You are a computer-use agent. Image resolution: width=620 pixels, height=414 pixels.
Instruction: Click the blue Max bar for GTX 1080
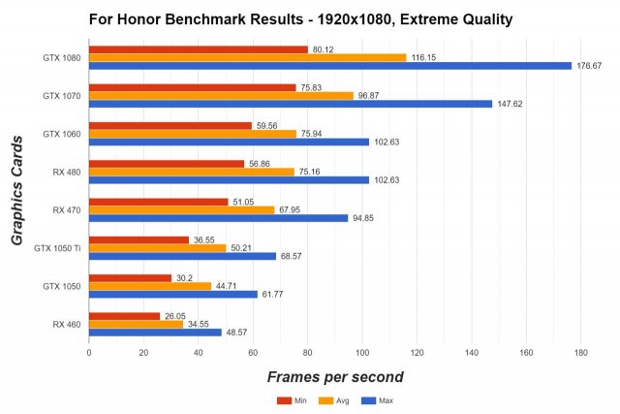point(329,66)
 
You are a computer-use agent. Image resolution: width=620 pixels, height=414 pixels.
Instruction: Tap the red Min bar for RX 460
point(124,316)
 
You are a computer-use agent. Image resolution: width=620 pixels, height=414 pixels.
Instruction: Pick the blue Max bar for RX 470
point(218,218)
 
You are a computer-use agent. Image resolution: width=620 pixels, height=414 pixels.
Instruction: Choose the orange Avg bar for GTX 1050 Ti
point(157,247)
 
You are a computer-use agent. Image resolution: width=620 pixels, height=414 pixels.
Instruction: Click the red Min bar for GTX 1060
point(170,125)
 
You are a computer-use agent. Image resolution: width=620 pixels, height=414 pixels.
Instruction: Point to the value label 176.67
point(590,66)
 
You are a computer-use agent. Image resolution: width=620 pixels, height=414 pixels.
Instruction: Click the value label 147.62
point(511,104)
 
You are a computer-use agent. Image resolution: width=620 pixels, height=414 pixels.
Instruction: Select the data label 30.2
point(185,277)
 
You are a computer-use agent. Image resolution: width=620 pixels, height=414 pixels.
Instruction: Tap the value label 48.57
point(238,333)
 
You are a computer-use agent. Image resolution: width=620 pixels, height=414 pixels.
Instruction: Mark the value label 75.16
point(311,172)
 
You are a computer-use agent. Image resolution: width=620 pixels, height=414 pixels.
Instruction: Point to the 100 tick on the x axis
point(361,352)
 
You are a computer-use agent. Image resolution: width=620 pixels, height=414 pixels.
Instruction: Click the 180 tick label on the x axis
point(580,352)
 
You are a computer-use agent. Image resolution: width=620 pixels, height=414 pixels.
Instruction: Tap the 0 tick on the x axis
point(89,352)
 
